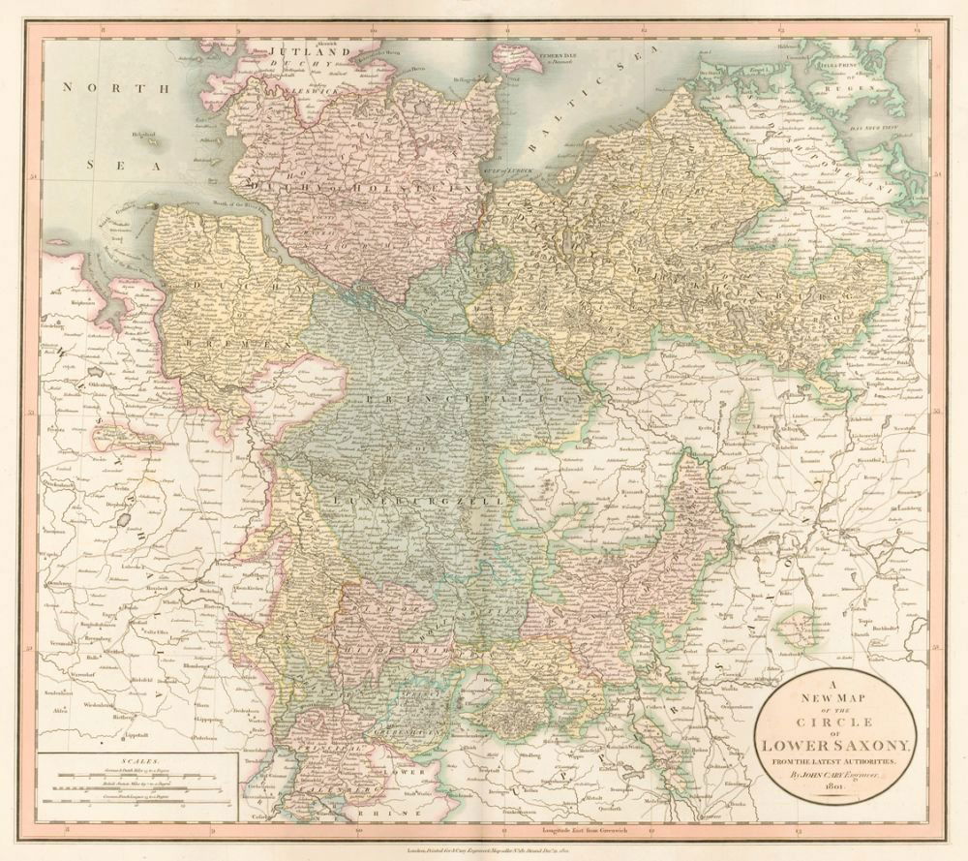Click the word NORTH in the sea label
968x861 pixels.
click(x=96, y=87)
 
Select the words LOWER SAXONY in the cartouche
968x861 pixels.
click(x=835, y=744)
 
